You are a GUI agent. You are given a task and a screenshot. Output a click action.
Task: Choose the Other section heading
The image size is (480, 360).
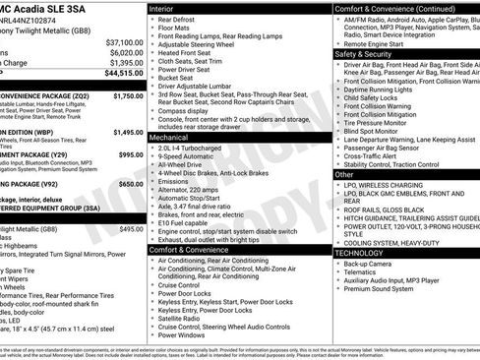[343, 173]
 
